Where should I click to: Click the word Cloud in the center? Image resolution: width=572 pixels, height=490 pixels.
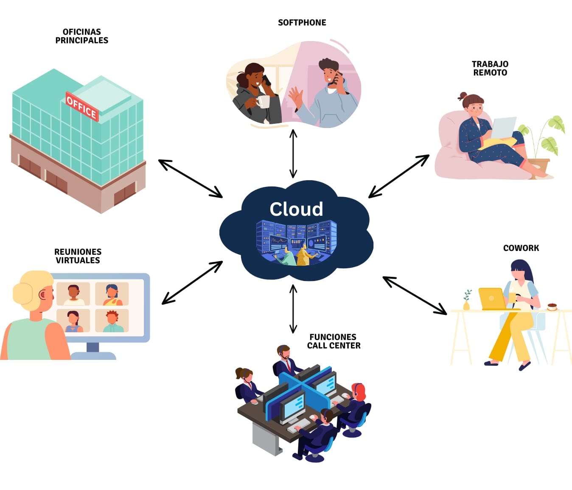(x=296, y=209)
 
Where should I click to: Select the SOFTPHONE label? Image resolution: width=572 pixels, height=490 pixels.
(x=302, y=22)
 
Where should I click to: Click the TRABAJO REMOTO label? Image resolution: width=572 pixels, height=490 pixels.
(x=490, y=68)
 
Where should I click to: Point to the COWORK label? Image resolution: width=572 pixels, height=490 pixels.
(x=521, y=248)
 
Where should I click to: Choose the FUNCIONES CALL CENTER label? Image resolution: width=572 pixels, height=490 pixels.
(x=334, y=341)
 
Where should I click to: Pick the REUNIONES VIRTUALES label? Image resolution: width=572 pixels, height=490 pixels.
(x=78, y=256)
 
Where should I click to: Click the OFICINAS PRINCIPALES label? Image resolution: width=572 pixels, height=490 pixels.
(x=82, y=36)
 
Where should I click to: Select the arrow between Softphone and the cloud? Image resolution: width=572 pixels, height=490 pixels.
(x=293, y=153)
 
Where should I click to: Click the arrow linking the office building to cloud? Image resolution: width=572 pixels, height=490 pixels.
(x=190, y=178)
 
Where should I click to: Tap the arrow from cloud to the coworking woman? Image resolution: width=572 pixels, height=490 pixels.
(x=415, y=295)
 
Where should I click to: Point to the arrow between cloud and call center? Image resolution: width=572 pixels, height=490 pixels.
(x=293, y=309)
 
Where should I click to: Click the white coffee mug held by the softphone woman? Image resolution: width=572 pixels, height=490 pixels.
(x=263, y=102)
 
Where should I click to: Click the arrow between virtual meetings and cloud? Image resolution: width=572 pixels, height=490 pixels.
(x=192, y=283)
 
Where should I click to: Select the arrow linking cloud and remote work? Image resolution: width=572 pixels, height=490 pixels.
(x=399, y=176)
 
